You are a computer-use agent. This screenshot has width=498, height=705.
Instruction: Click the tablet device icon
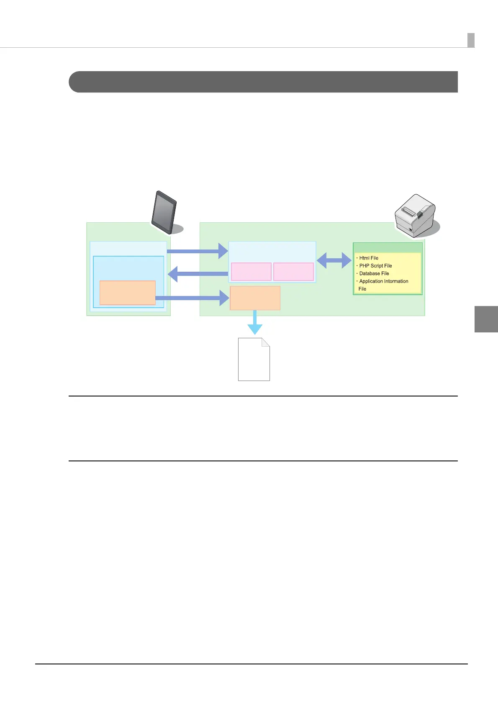pyautogui.click(x=164, y=212)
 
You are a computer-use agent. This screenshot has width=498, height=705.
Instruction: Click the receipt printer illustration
pyautogui.click(x=415, y=215)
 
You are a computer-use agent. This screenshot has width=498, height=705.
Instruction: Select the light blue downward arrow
pyautogui.click(x=254, y=323)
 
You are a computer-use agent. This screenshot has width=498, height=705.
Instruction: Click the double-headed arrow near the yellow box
pyautogui.click(x=334, y=260)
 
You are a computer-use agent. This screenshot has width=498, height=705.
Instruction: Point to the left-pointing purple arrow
pyautogui.click(x=198, y=274)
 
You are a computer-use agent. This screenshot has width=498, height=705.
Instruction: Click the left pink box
pyautogui.click(x=251, y=272)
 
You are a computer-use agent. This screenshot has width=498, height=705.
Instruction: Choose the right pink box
pyautogui.click(x=293, y=272)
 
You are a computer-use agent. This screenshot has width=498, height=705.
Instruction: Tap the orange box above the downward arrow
pyautogui.click(x=255, y=298)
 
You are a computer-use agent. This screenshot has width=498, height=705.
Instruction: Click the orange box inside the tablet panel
pyautogui.click(x=127, y=293)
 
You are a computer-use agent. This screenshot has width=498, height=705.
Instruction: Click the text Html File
pyautogui.click(x=368, y=258)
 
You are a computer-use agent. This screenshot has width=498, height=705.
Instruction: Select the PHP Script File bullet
pyautogui.click(x=375, y=266)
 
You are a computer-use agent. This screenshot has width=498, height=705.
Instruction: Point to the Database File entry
pyautogui.click(x=374, y=273)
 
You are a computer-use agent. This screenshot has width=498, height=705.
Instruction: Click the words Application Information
pyautogui.click(x=383, y=281)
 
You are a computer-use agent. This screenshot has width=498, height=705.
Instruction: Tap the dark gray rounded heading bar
pyautogui.click(x=263, y=82)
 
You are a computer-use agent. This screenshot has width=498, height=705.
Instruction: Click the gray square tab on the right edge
pyautogui.click(x=486, y=319)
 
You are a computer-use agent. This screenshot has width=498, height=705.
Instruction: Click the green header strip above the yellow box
pyautogui.click(x=388, y=247)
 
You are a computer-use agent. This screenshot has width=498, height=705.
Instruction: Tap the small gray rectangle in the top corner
pyautogui.click(x=471, y=40)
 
